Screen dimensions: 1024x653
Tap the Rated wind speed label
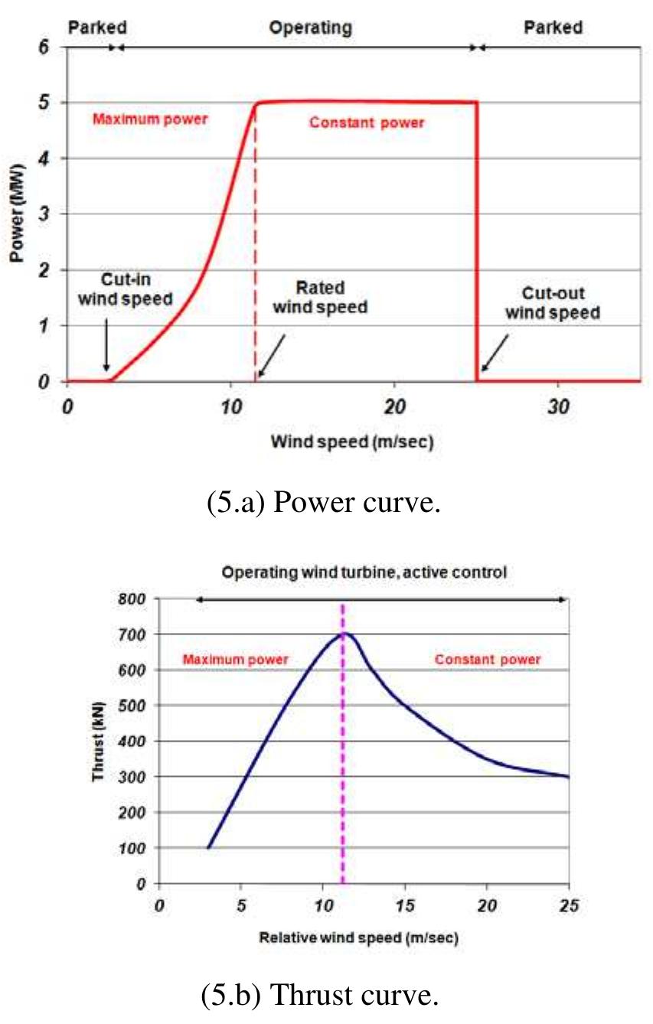320,298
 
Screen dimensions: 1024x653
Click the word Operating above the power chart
310,28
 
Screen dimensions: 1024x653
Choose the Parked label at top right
553,28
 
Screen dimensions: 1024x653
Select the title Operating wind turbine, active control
364,572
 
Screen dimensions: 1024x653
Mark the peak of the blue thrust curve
344,633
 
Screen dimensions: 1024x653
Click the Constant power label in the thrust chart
488,659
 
